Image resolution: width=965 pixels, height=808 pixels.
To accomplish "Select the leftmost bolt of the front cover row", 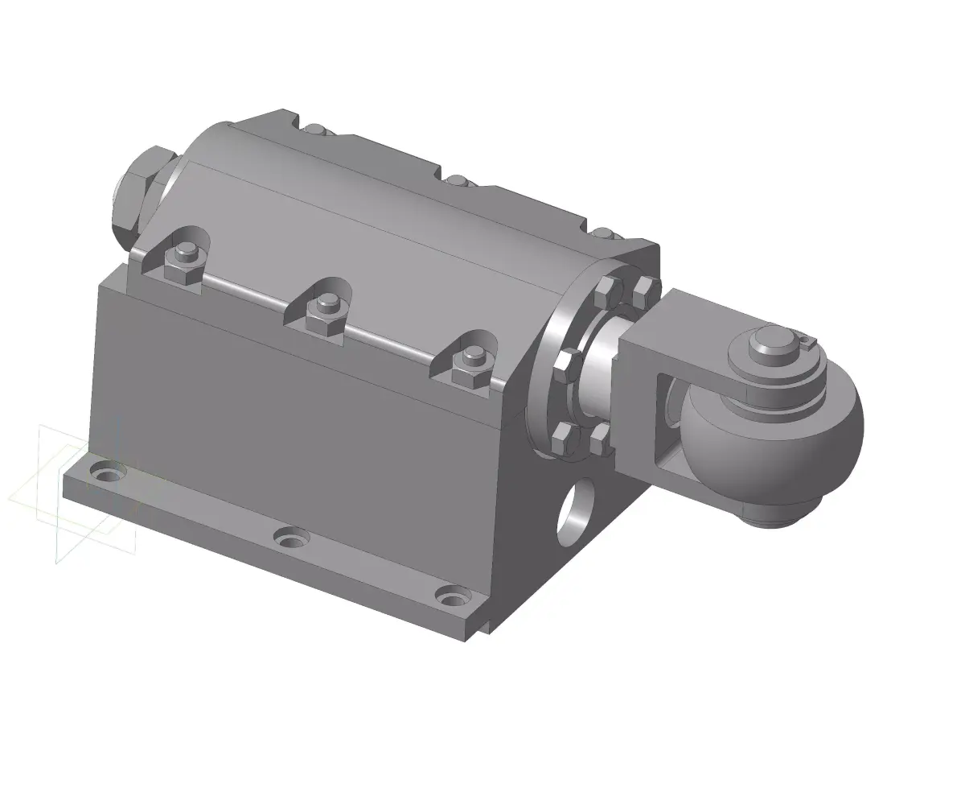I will pyautogui.click(x=185, y=262).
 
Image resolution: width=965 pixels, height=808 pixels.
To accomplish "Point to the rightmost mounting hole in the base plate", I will pyautogui.click(x=453, y=597).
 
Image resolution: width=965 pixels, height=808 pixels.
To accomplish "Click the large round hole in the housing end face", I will pyautogui.click(x=576, y=513).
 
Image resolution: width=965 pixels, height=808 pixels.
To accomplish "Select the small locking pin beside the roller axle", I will pyautogui.click(x=808, y=343).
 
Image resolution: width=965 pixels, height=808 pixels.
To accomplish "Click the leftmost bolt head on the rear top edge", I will pyautogui.click(x=317, y=128).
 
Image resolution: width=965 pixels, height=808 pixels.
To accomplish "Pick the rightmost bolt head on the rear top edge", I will pyautogui.click(x=602, y=233).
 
